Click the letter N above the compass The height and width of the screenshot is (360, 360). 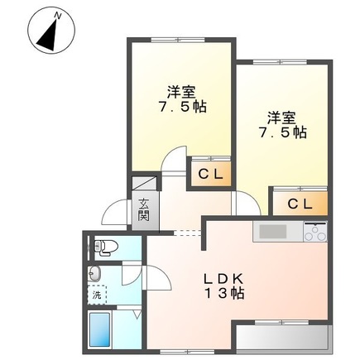click(56, 15)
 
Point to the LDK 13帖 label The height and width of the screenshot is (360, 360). click(221, 285)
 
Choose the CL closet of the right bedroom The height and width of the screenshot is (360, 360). click(300, 204)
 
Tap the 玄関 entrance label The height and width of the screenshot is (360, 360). click(143, 211)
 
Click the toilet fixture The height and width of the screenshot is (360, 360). click(103, 245)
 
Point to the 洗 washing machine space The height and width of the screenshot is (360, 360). click(96, 294)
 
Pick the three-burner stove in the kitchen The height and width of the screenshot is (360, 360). click(314, 233)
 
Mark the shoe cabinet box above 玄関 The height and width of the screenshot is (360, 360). click(143, 184)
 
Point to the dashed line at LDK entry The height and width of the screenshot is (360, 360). click(189, 233)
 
